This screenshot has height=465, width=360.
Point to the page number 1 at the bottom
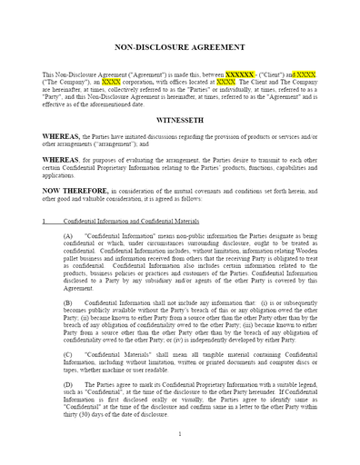point(180,434)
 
